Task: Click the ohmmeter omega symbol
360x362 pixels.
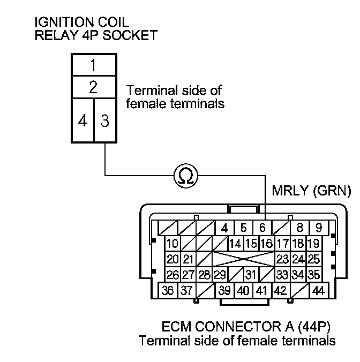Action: click(x=185, y=175)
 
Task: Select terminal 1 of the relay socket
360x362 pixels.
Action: click(x=93, y=66)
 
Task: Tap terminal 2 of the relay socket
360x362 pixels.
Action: click(x=93, y=88)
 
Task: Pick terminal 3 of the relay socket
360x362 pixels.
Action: click(x=104, y=120)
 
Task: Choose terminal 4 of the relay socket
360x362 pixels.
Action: click(x=82, y=120)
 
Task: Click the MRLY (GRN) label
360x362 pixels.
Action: click(x=311, y=191)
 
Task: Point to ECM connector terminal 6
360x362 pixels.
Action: click(x=262, y=228)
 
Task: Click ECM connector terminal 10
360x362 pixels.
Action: click(x=172, y=244)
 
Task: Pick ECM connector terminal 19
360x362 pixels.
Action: click(x=313, y=244)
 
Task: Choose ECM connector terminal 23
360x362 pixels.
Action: click(x=282, y=260)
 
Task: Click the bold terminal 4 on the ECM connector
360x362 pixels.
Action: click(x=225, y=228)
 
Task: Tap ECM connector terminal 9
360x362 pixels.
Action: click(x=319, y=228)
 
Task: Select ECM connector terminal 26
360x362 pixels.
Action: click(x=172, y=275)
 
